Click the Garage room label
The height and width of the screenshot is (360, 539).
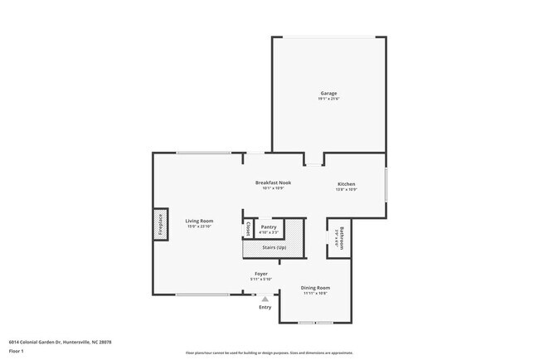point(329,93)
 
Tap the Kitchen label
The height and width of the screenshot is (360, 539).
point(346,183)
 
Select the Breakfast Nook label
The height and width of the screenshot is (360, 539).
point(273,182)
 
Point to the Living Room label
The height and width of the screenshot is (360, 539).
point(199,221)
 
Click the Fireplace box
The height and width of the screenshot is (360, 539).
point(160,226)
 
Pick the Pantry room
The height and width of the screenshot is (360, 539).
point(268,229)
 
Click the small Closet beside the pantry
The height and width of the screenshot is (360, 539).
point(248,228)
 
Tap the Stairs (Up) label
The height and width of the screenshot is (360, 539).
point(275,248)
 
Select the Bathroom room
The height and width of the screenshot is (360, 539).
point(340,237)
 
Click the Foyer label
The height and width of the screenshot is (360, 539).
point(260,273)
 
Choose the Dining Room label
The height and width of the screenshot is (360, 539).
point(314,288)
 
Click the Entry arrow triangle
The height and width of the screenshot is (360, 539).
point(265,299)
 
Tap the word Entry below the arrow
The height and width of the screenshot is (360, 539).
point(265,308)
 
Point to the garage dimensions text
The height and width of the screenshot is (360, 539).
point(329,99)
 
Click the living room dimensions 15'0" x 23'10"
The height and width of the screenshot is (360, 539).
point(199,226)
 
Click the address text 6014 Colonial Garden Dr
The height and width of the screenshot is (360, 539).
point(60,342)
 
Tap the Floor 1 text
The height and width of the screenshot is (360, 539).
point(17,350)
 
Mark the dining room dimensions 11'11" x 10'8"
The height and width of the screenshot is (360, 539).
point(314,293)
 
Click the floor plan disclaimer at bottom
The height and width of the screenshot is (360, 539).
point(269,353)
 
